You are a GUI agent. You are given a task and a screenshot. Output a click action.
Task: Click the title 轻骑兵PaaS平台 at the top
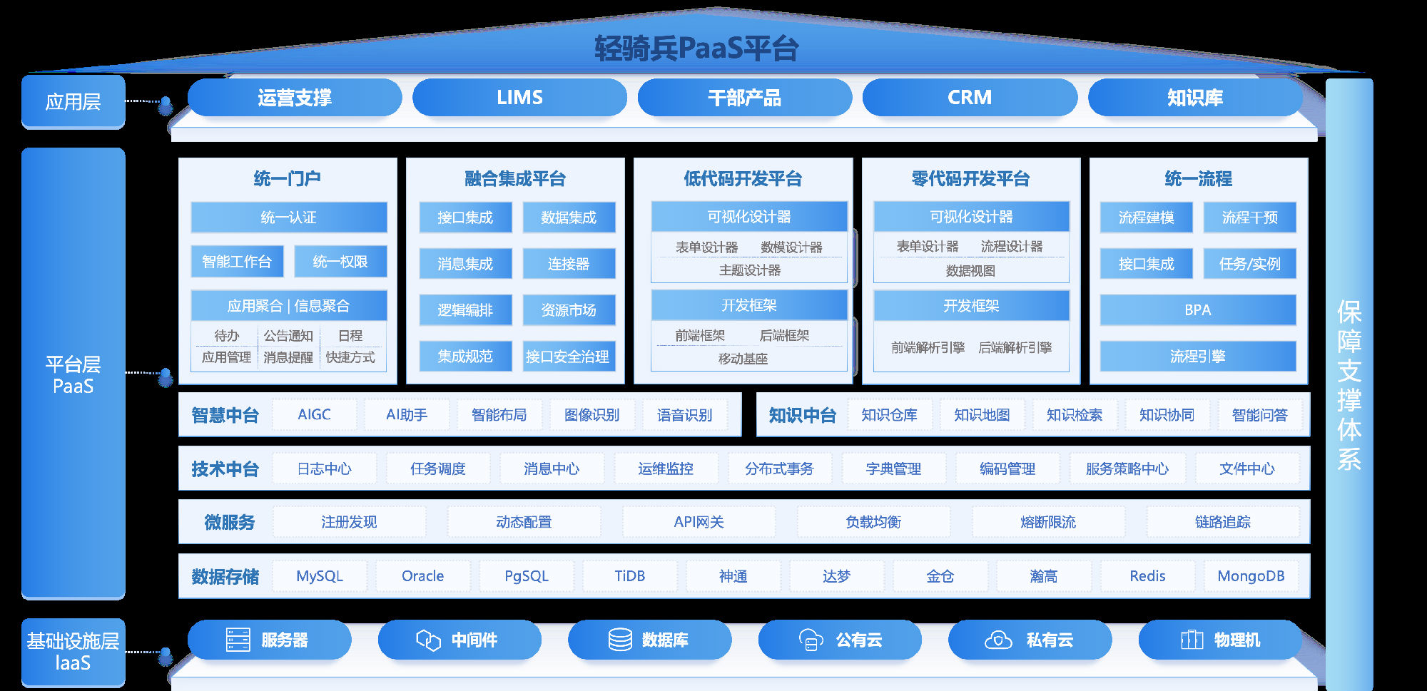(x=696, y=48)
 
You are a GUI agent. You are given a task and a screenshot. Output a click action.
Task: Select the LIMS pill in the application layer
(x=519, y=97)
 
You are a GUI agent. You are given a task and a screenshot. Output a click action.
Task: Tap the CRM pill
(x=969, y=97)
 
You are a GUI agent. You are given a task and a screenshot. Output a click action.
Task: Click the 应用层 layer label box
(x=73, y=102)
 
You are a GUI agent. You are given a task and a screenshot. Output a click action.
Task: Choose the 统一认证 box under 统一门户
(x=288, y=217)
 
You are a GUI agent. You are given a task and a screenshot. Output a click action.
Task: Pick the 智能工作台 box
(x=237, y=262)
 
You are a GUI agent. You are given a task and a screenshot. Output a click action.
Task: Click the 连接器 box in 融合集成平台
(x=569, y=264)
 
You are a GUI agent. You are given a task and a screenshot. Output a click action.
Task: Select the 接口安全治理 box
(x=568, y=357)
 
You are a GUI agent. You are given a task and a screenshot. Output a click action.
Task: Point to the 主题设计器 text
(x=749, y=270)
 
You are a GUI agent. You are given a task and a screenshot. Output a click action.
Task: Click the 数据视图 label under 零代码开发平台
(x=970, y=271)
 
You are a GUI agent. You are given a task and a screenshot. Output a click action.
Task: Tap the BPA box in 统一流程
(x=1197, y=310)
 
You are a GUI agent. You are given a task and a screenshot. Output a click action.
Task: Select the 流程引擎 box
(x=1197, y=357)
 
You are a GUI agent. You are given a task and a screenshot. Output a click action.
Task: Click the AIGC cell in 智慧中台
(x=314, y=414)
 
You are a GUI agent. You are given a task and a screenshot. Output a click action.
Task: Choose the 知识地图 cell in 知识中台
(x=982, y=415)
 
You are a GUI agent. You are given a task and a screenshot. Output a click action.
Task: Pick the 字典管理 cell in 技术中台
(x=893, y=469)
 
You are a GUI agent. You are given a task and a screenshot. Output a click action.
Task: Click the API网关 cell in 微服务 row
(x=699, y=522)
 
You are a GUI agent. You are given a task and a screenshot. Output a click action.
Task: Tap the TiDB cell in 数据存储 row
(x=629, y=576)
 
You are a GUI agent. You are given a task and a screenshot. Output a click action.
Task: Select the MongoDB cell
(x=1251, y=576)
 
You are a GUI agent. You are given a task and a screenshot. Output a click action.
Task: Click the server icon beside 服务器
(x=238, y=640)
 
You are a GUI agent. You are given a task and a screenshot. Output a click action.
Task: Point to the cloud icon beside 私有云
(x=998, y=640)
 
